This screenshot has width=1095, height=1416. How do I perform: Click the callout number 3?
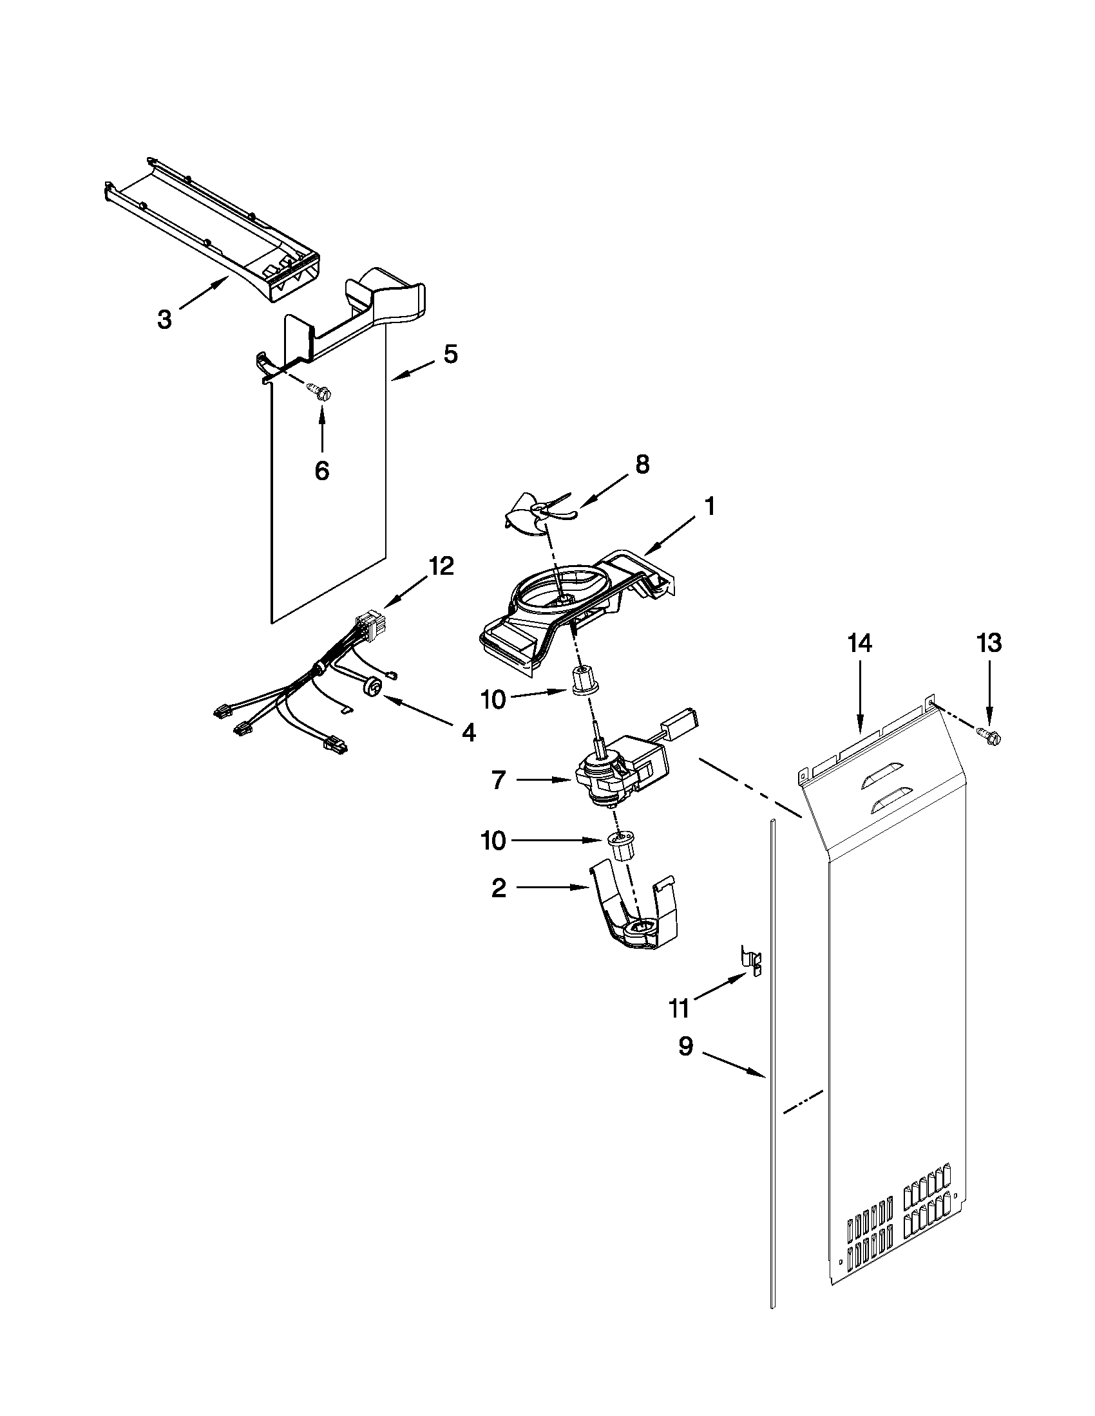tap(165, 319)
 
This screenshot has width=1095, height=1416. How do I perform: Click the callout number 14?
tap(859, 644)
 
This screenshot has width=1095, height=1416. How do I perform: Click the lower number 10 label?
tap(493, 841)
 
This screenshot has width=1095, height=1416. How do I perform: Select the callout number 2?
tap(498, 888)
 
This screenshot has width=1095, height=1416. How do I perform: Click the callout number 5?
tap(450, 354)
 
